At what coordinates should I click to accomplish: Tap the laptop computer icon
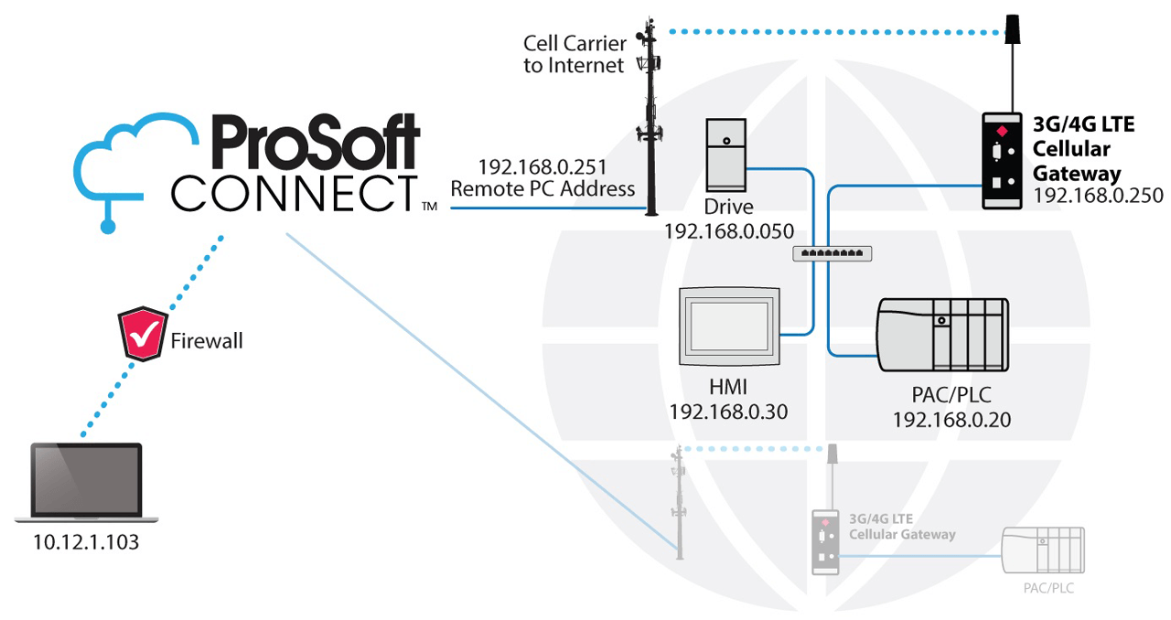[87, 483]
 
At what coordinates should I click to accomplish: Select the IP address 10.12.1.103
[86, 542]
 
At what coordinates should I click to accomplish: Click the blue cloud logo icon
[124, 170]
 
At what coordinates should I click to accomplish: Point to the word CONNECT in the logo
[294, 192]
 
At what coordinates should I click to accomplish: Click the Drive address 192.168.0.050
[728, 230]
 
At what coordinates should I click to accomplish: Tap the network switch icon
[832, 253]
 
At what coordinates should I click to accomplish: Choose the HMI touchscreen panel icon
[728, 326]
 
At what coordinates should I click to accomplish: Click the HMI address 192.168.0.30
[728, 412]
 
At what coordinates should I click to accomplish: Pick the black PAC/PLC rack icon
[942, 335]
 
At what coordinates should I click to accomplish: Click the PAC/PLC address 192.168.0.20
[951, 420]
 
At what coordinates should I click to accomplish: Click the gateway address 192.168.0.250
[1097, 195]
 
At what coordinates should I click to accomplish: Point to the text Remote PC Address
[543, 189]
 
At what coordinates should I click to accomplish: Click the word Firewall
[208, 342]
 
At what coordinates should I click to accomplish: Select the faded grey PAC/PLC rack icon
[1043, 551]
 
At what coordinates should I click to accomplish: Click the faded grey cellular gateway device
[825, 542]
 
